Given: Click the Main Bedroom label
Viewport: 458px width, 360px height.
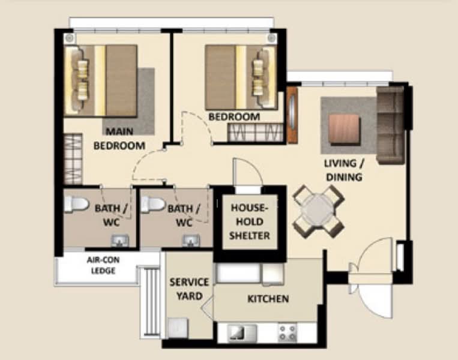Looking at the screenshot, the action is pos(119,139).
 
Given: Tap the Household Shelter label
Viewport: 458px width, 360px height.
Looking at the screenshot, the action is pos(250,221).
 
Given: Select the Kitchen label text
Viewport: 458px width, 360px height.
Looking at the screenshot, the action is pos(268,299).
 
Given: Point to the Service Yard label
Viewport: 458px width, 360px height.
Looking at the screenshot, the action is pos(189,289).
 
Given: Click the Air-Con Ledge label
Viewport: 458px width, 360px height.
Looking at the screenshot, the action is pos(103,265).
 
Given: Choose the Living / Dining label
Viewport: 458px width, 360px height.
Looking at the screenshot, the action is pos(344,170).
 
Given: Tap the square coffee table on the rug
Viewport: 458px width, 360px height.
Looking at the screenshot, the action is pos(345,129).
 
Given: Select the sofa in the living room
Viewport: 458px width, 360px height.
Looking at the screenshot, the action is pos(391,124).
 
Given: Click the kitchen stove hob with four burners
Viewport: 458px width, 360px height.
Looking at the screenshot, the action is pos(288,332).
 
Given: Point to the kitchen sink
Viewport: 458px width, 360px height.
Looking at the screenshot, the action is pos(241,333).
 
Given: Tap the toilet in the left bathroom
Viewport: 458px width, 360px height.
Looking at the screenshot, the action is pos(76,204).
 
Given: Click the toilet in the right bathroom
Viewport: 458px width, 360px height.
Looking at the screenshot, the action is pos(153,204).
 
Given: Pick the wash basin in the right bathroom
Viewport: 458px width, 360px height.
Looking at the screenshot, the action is pos(191,241).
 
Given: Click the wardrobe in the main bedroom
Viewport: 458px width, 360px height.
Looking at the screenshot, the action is pos(73,159).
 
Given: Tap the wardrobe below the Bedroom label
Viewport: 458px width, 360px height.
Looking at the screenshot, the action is pos(255,133).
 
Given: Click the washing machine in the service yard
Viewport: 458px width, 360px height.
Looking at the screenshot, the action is pos(178,328).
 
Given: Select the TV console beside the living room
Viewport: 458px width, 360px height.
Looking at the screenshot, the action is pos(292,115).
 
